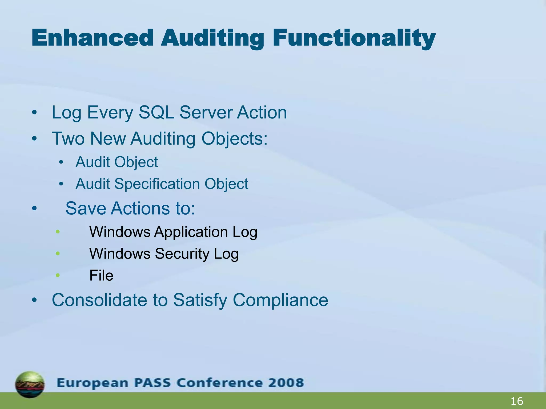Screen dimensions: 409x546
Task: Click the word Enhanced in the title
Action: pyautogui.click(x=92, y=38)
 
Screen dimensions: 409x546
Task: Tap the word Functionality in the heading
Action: pyautogui.click(x=354, y=38)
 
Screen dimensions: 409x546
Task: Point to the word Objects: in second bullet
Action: pyautogui.click(x=234, y=138)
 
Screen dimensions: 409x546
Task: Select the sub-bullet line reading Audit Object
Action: pyautogui.click(x=117, y=162)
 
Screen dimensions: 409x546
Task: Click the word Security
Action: pyautogui.click(x=182, y=253)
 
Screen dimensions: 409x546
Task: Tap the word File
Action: pyautogui.click(x=101, y=275)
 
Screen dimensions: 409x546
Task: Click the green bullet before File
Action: pyautogui.click(x=58, y=275)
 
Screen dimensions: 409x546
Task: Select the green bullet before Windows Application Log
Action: pyautogui.click(x=58, y=232)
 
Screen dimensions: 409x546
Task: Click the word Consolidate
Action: pyautogui.click(x=99, y=300)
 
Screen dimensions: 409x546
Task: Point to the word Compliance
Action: pyautogui.click(x=280, y=300)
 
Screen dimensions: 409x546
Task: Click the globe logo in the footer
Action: pyautogui.click(x=30, y=384)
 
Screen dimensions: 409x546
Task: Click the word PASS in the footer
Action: pyautogui.click(x=152, y=383)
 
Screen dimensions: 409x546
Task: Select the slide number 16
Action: pyautogui.click(x=517, y=401)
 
